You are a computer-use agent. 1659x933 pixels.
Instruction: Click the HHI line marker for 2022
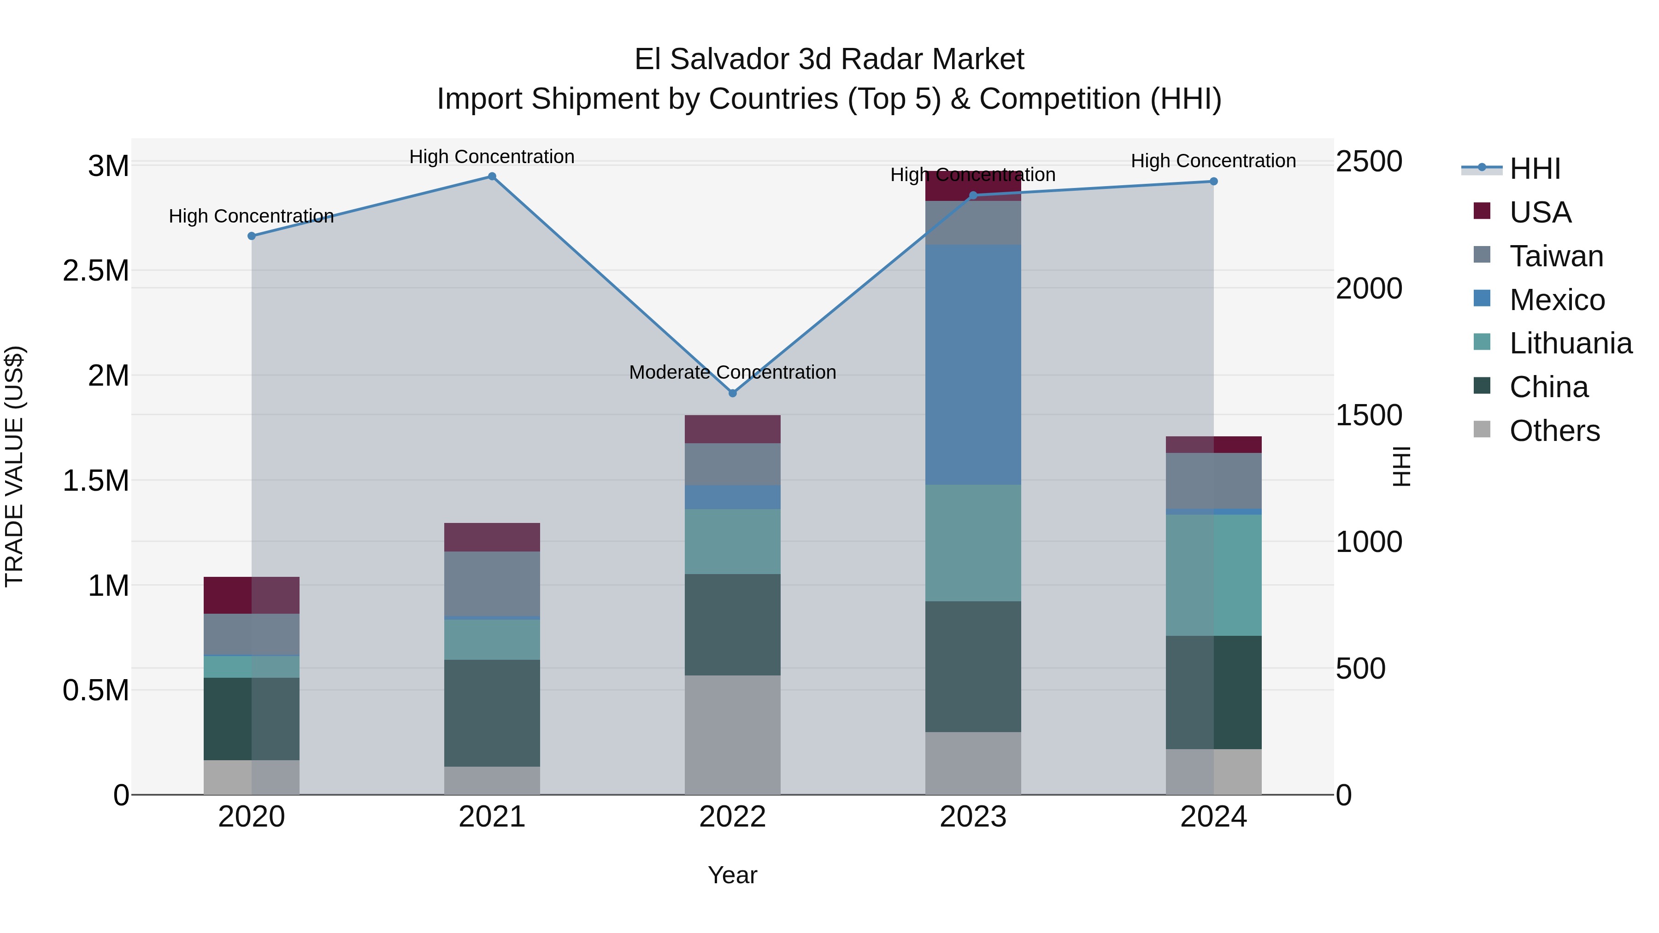coord(732,393)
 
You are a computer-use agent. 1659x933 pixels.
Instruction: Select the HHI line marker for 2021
coord(492,176)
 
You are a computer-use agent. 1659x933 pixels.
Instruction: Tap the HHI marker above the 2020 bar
coord(252,236)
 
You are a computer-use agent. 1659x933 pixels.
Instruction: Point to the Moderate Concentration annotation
coord(732,372)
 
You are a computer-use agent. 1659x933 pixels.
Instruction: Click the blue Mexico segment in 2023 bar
coord(973,364)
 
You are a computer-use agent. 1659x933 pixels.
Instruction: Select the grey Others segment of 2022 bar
coord(732,735)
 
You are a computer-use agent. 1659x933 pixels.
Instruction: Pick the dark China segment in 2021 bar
coord(492,713)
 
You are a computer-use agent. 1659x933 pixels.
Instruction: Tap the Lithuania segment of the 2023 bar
coord(973,543)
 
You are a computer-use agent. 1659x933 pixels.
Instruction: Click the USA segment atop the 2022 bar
coord(732,429)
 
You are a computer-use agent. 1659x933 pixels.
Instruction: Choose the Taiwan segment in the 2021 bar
coord(492,583)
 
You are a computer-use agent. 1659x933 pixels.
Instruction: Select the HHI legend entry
coord(1535,169)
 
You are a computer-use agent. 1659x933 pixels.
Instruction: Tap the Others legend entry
coord(1554,431)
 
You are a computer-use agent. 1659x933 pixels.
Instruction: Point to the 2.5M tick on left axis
coord(95,270)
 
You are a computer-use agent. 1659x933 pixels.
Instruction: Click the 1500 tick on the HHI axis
coord(1369,415)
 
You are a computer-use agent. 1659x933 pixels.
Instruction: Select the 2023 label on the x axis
coord(973,816)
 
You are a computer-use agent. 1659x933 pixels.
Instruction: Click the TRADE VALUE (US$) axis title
coord(14,466)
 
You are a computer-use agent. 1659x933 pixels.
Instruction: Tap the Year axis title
coord(732,875)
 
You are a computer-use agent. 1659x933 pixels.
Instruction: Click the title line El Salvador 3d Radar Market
coord(829,59)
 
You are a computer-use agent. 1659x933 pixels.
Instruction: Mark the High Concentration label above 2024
coord(1213,161)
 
